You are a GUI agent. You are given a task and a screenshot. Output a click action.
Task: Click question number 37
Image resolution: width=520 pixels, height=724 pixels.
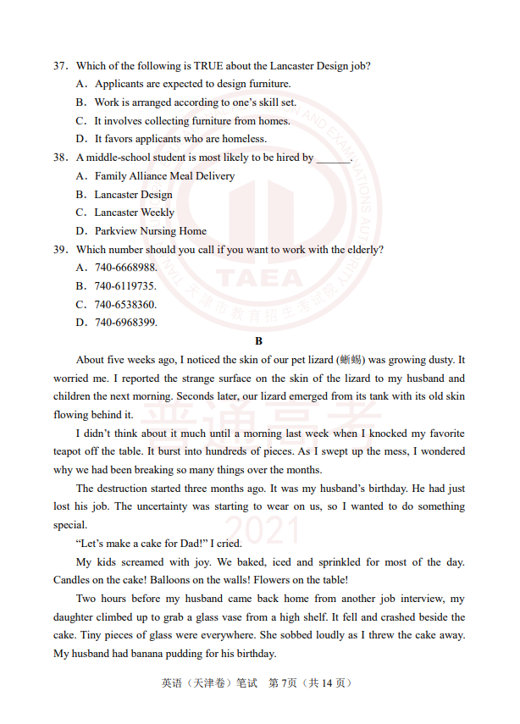[x=60, y=66]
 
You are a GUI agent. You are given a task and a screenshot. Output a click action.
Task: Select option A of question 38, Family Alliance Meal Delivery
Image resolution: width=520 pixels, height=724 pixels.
[x=164, y=176]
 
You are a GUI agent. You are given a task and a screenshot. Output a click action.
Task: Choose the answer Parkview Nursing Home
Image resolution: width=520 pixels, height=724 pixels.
[x=150, y=231]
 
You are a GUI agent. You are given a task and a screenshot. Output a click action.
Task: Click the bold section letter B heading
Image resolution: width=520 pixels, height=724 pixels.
[x=259, y=341]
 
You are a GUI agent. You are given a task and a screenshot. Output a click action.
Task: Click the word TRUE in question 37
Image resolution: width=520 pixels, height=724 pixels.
[x=211, y=66]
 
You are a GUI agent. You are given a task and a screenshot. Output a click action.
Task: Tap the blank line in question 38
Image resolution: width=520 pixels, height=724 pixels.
[x=334, y=158]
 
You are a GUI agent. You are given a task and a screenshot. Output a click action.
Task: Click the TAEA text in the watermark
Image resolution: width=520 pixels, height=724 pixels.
[x=259, y=278]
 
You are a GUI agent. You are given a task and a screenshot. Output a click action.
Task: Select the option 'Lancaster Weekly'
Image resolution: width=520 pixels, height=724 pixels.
[x=134, y=213]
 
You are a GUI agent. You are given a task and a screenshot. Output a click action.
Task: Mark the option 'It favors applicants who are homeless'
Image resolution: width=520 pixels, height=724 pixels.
[x=180, y=139]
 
